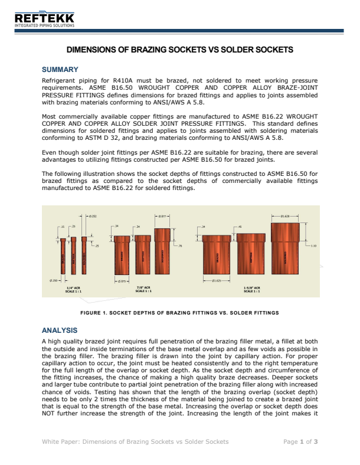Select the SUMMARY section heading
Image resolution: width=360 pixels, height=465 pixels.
point(60,70)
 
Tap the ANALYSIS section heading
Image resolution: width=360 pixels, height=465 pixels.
point(60,330)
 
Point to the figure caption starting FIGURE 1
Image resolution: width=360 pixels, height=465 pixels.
point(179,312)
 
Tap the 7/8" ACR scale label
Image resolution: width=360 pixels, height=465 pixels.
point(143,289)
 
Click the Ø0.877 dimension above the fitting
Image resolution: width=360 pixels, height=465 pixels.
point(163,217)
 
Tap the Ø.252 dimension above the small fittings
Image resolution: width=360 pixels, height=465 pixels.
point(91,217)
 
